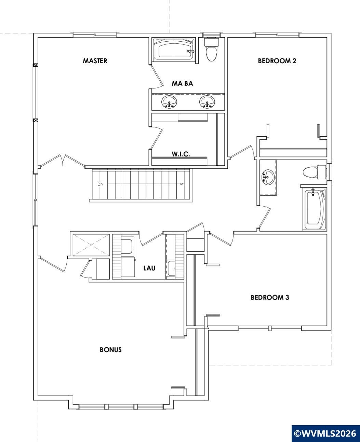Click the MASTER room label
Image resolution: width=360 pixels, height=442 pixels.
point(95,61)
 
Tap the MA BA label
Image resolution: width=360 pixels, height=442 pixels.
point(182,83)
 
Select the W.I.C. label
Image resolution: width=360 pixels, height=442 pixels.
point(181,154)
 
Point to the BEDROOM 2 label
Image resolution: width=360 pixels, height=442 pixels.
point(277,61)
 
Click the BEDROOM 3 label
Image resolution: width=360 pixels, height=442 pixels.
point(270,298)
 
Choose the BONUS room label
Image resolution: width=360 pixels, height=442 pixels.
point(111,350)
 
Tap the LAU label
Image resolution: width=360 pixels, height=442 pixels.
point(149,268)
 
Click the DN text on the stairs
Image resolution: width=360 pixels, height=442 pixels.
point(100,184)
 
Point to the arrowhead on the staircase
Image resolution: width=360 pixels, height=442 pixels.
point(182,184)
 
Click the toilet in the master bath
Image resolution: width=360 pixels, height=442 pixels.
point(212,50)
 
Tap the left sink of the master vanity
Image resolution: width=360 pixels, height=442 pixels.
point(169,102)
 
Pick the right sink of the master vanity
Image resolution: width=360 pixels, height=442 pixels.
point(207,102)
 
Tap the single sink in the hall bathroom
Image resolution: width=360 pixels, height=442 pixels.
point(268,177)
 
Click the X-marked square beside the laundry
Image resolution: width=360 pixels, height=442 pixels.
point(91,245)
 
